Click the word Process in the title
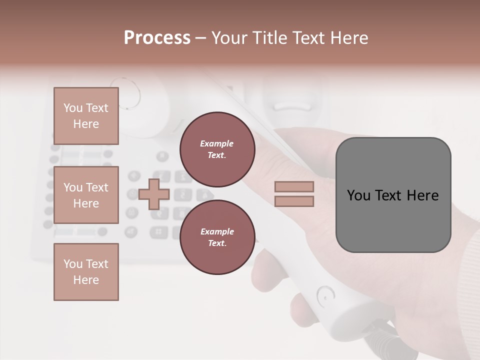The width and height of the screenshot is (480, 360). point(157,38)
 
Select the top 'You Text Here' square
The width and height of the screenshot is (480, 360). point(86,116)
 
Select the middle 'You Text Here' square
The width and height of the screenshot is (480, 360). point(86,195)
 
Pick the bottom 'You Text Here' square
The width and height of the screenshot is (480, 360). point(86,271)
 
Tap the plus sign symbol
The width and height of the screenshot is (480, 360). point(153,194)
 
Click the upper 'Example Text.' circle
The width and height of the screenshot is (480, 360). point(217,149)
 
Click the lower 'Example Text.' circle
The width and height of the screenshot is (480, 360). point(217,237)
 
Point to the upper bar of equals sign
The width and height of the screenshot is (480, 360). point(294,187)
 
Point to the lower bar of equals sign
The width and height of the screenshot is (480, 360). point(294,201)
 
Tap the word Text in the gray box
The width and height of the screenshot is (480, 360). point(389,195)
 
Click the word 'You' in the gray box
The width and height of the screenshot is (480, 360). point(359,195)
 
